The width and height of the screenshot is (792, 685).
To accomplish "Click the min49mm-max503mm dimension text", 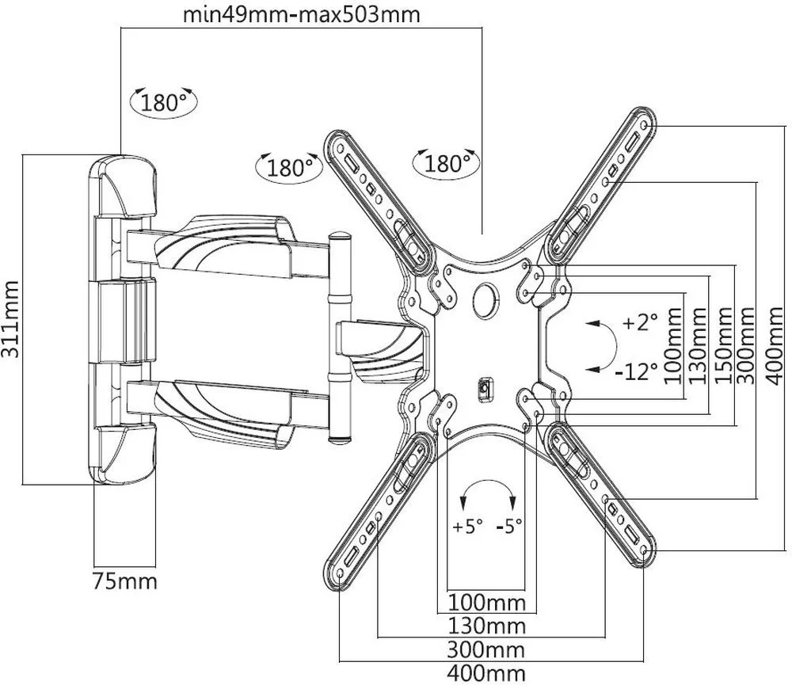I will [x=301, y=13].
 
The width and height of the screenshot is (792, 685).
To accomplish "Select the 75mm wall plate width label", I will [x=124, y=582].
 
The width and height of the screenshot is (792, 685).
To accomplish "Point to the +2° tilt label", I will [x=640, y=323].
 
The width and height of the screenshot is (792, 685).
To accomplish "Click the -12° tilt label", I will [x=637, y=370].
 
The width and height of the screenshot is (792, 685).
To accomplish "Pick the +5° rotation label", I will [x=467, y=526].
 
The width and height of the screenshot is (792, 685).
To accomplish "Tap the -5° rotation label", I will [x=508, y=526].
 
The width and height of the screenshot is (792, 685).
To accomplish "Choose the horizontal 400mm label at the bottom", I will [x=487, y=675].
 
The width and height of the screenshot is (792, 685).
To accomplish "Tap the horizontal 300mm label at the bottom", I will [x=487, y=651].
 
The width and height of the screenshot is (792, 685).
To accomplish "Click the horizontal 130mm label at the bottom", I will [x=487, y=627].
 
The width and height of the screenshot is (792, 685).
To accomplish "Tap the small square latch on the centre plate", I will [x=484, y=389].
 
